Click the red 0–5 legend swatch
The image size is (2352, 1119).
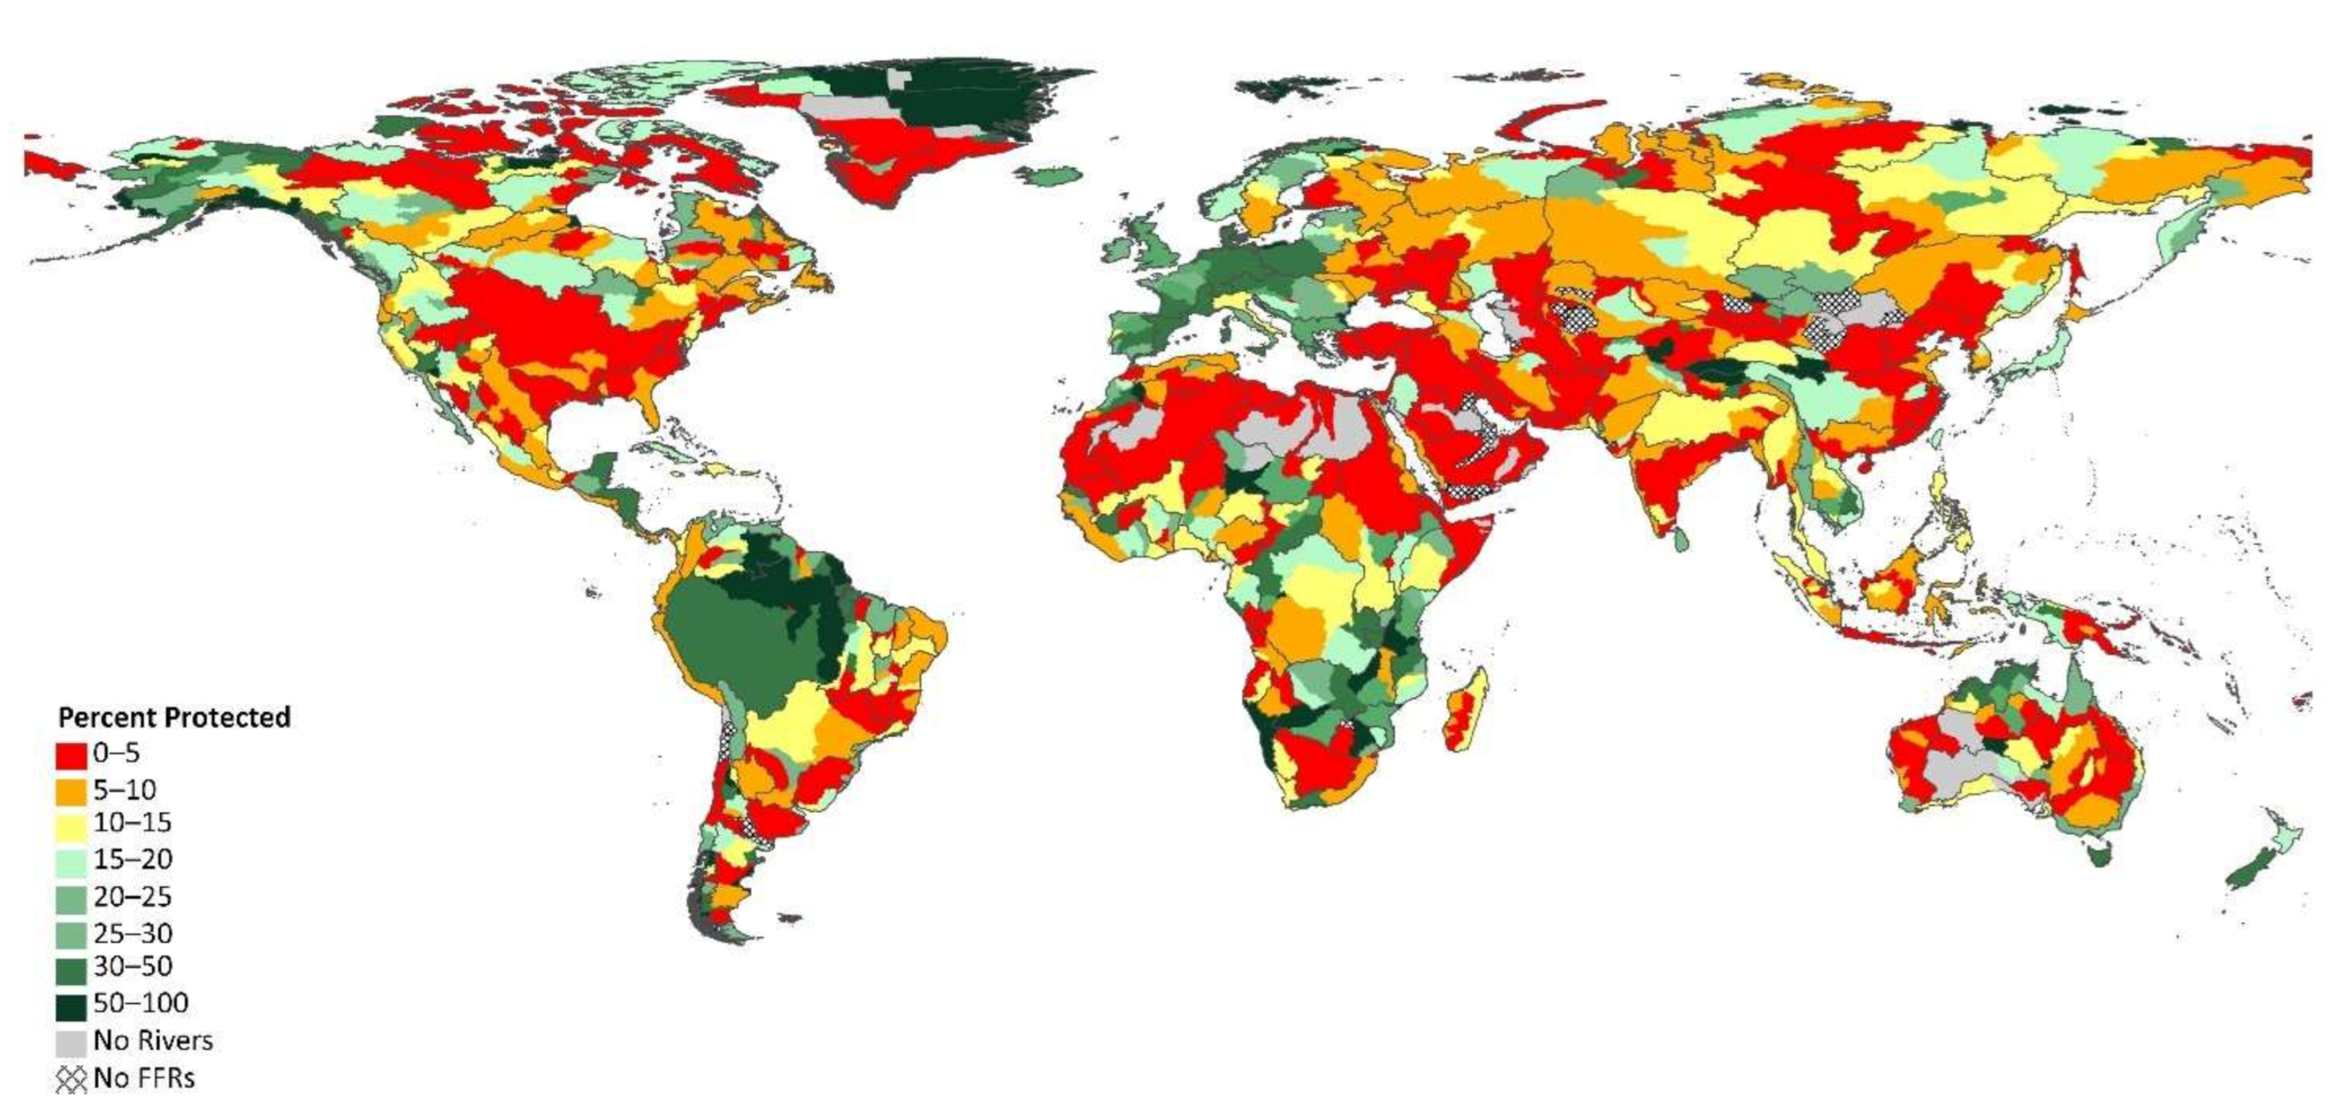point(72,755)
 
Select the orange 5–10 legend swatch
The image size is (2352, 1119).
point(72,790)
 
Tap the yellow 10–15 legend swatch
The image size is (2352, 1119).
point(72,825)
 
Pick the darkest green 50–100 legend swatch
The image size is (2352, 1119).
point(72,1006)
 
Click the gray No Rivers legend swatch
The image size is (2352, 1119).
point(72,1042)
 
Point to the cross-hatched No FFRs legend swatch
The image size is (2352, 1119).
point(72,1079)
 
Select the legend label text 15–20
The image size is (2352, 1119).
point(132,860)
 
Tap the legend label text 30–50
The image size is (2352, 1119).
point(132,966)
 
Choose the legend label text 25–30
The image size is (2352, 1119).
point(132,934)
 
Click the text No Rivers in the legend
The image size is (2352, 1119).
point(153,1041)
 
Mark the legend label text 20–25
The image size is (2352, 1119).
point(132,897)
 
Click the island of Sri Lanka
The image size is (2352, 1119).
point(1681,539)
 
